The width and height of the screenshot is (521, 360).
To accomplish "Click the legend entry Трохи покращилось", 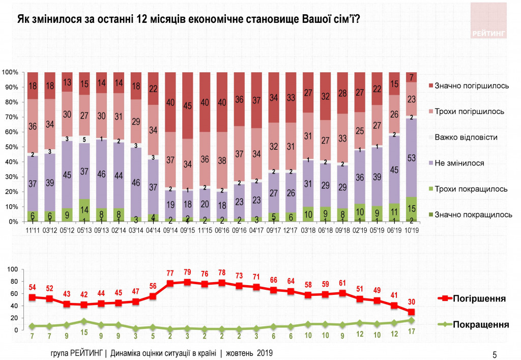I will point(470,189).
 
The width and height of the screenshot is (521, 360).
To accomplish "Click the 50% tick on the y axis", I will point(12,147).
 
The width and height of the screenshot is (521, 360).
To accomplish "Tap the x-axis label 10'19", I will point(411,230).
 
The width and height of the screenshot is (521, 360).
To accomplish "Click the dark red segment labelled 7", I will point(411,77).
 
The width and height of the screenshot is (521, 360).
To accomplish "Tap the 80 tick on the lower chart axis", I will point(14,282).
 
